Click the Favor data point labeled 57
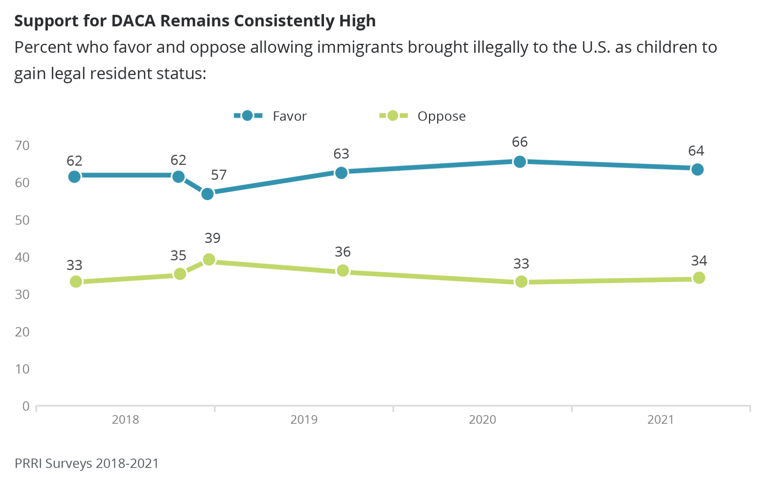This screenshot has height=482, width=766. click(207, 194)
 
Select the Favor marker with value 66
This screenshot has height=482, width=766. click(520, 162)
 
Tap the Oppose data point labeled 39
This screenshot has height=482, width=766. click(209, 259)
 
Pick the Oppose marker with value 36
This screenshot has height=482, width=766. click(343, 271)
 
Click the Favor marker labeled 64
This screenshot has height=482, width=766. click(697, 170)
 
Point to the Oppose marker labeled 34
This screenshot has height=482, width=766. click(699, 278)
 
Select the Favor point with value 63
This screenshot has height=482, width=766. click(341, 173)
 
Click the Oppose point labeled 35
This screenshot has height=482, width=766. click(180, 274)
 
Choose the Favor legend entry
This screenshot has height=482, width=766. click(270, 116)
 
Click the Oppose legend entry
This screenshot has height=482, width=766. click(423, 116)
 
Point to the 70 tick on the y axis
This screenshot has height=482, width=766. click(22, 146)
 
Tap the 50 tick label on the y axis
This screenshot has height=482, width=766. click(22, 220)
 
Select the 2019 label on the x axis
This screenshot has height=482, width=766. click(304, 420)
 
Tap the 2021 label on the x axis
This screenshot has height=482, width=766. click(661, 420)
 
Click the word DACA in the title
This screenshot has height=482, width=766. click(133, 21)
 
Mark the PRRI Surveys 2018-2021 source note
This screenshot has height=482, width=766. click(86, 463)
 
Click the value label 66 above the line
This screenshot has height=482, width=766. click(520, 142)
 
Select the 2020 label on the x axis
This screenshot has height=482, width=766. click(482, 420)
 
